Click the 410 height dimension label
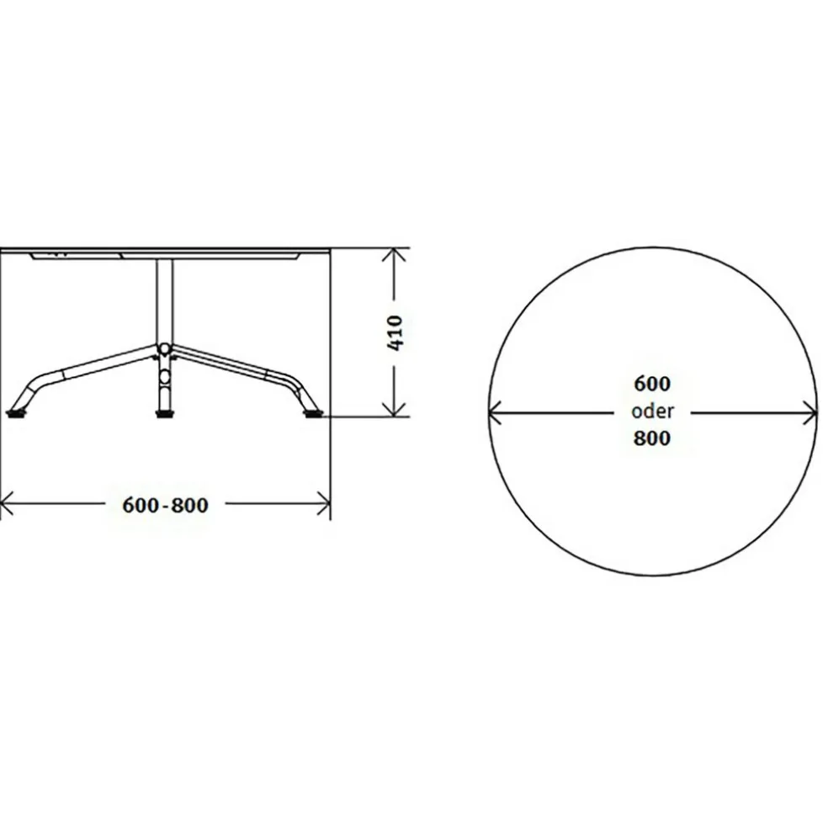coord(395,332)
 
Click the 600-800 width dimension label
coord(165,506)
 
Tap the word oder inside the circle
coord(653,411)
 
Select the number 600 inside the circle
coord(652,384)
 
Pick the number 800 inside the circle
coord(652,438)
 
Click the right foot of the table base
coord(312,413)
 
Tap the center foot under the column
coord(165,413)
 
